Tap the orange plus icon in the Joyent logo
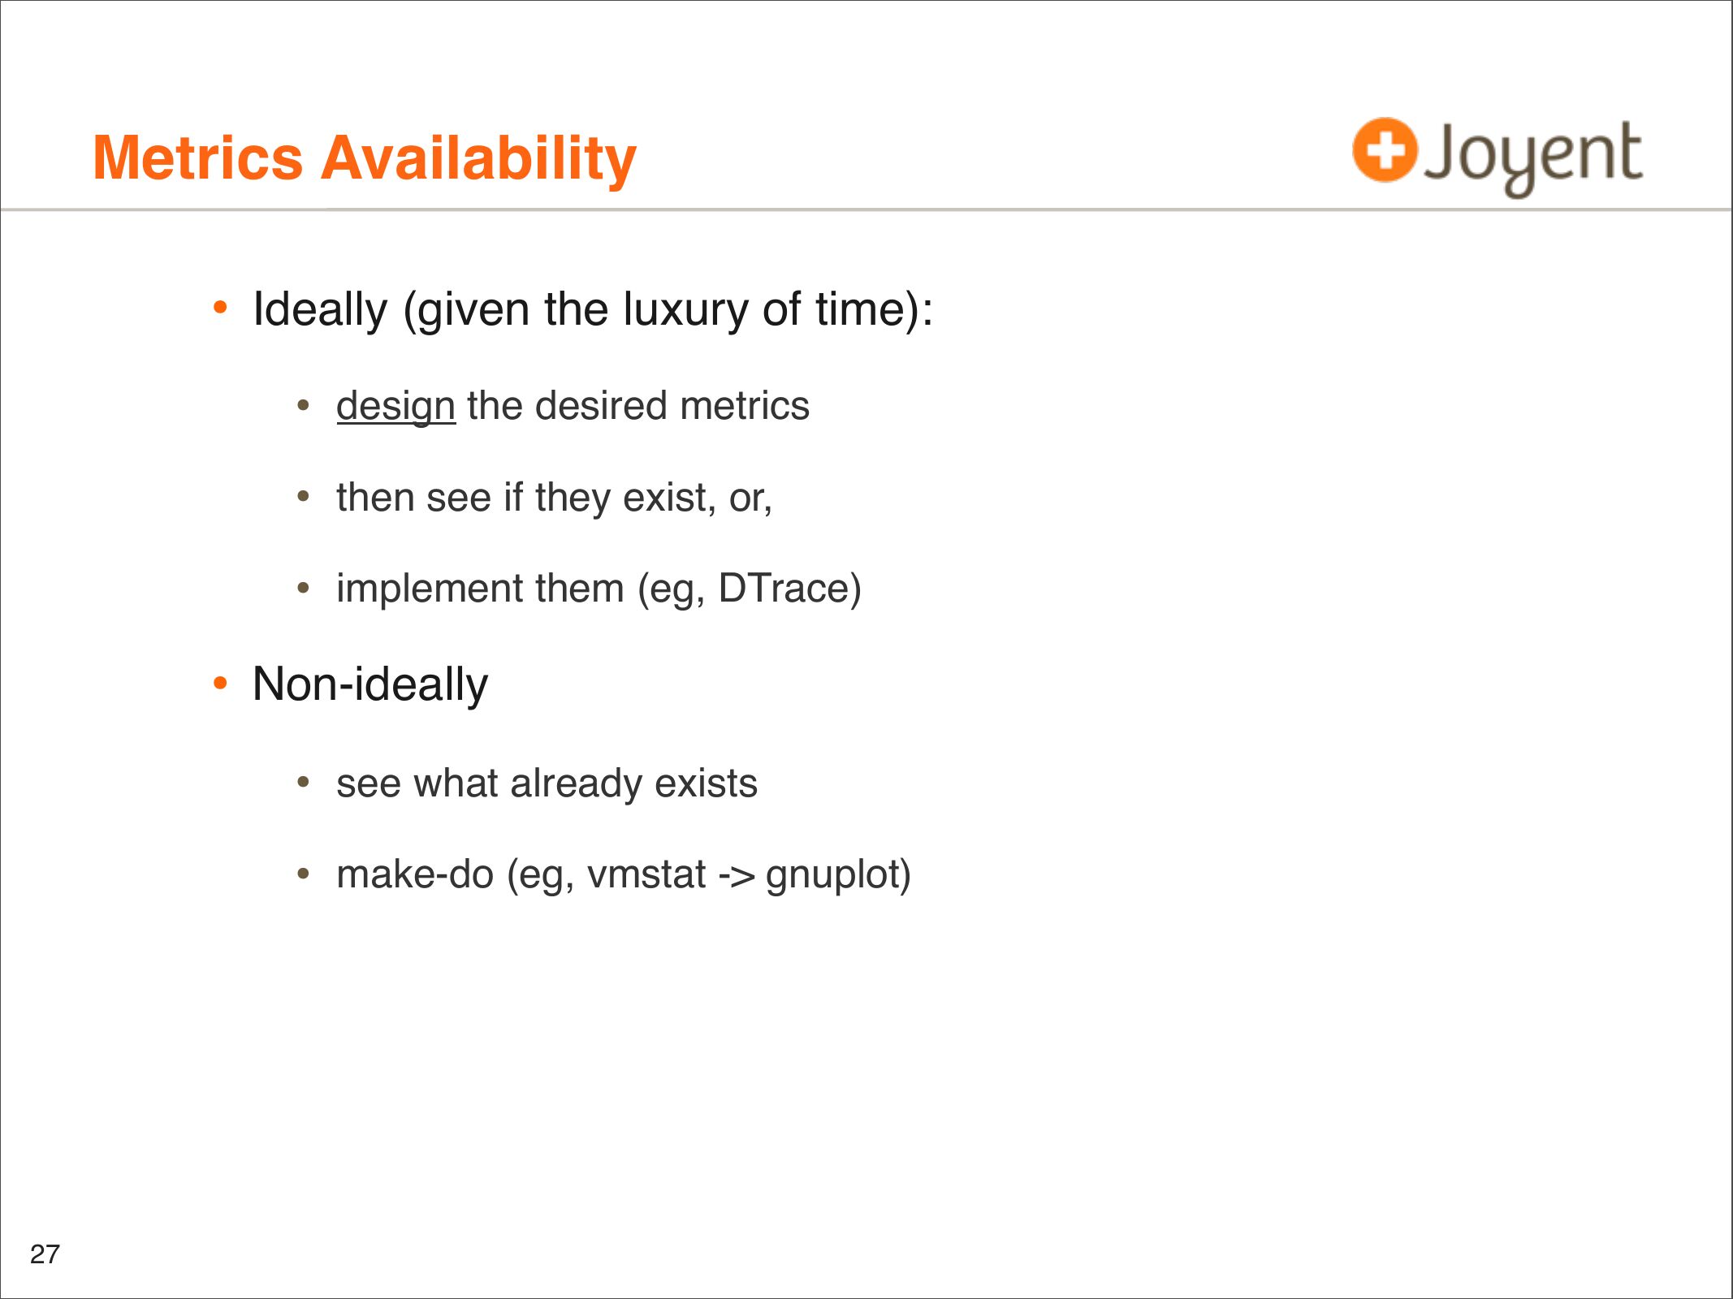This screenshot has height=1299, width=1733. pos(1385,150)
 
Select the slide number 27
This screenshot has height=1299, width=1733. pos(45,1254)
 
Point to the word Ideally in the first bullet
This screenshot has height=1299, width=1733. pos(320,310)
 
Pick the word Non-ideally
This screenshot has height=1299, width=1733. pos(370,684)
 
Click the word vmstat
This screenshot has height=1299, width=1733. pos(646,874)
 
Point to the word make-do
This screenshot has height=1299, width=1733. pos(415,874)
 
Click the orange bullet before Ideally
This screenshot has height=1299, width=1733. pos(220,308)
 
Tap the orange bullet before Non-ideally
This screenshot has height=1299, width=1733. pos(220,684)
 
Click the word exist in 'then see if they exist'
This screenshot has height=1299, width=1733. pos(665,498)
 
